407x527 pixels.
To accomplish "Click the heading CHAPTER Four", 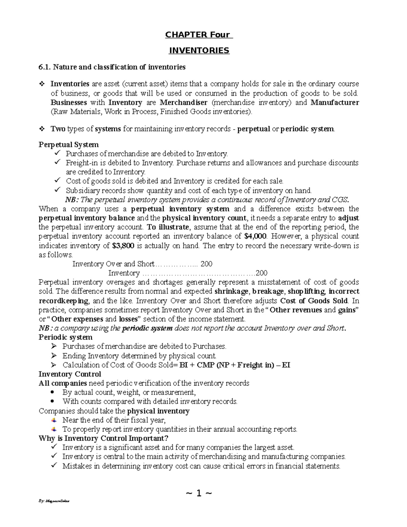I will pyautogui.click(x=197, y=35).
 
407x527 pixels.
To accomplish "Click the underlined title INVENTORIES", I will pyautogui.click(x=199, y=51).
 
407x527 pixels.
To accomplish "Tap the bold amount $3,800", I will pyautogui.click(x=123, y=246).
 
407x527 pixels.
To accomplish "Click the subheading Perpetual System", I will pyautogui.click(x=69, y=145).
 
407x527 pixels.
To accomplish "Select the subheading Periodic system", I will pyautogui.click(x=65, y=337).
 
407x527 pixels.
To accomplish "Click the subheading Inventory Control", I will pyautogui.click(x=70, y=374).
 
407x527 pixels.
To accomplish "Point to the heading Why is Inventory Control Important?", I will pyautogui.click(x=103, y=438).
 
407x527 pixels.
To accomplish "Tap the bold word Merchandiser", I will pyautogui.click(x=183, y=102).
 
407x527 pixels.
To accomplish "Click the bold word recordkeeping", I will pyautogui.click(x=63, y=301).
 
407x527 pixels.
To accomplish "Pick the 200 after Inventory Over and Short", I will pyautogui.click(x=207, y=264).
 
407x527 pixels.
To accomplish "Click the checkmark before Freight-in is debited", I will pyautogui.click(x=57, y=163).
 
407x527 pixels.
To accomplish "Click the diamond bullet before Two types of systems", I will pyautogui.click(x=42, y=129).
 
